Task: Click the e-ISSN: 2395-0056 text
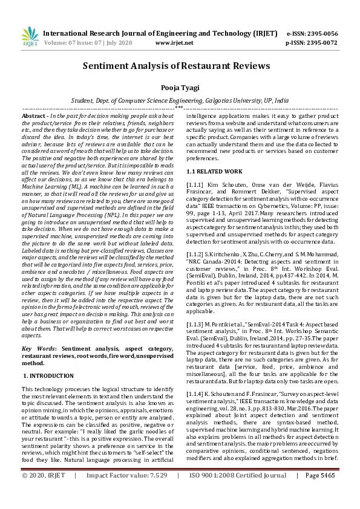coord(312,34)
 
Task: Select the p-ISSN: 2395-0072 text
coord(312,43)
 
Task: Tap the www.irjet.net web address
coord(174,43)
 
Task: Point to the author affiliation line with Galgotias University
coord(180,100)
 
